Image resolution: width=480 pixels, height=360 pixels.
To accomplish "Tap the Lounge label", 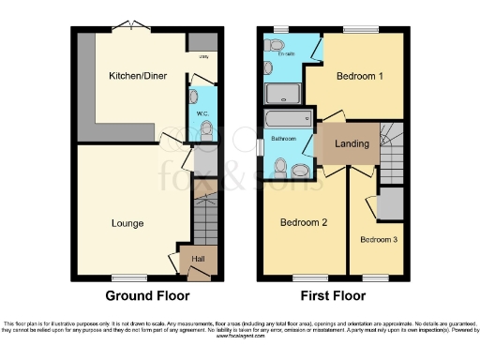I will click(x=127, y=223).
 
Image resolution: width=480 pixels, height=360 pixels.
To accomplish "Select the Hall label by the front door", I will click(x=199, y=259).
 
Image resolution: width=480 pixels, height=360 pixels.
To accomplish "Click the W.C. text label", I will click(x=202, y=113).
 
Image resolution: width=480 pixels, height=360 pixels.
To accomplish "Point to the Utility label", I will click(x=202, y=57).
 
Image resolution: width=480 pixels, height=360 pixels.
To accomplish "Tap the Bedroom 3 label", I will click(x=379, y=239).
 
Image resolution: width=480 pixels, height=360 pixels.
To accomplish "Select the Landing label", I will click(x=352, y=143).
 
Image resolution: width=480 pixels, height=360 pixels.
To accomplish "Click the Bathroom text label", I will click(x=284, y=139).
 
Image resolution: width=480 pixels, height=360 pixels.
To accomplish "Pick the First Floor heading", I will click(x=333, y=295).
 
